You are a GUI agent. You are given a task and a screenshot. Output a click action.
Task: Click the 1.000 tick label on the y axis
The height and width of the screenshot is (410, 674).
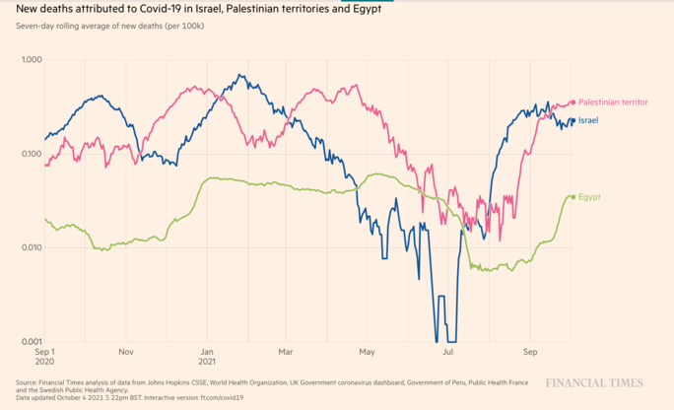pyautogui.click(x=31, y=61)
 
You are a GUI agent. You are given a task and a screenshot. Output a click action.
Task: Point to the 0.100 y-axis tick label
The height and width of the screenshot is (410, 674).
pyautogui.click(x=31, y=155)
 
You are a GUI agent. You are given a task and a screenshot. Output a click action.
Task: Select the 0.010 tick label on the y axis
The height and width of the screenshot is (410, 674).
pyautogui.click(x=31, y=248)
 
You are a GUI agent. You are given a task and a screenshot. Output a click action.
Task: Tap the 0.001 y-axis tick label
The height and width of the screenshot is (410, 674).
pyautogui.click(x=31, y=342)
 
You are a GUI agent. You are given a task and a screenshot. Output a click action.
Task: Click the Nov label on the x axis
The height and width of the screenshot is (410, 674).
pyautogui.click(x=125, y=351)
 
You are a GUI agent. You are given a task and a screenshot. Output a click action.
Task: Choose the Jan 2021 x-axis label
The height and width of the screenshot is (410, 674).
pyautogui.click(x=208, y=356)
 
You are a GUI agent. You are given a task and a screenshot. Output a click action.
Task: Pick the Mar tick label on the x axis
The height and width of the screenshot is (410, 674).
pyautogui.click(x=286, y=351)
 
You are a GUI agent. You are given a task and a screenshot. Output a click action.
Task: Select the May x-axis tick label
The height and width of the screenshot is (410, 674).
pyautogui.click(x=368, y=351)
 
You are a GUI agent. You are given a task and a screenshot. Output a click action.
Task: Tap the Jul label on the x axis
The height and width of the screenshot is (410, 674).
pyautogui.click(x=448, y=351)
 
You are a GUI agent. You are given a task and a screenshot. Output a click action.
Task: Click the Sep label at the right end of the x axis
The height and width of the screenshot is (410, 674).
pyautogui.click(x=530, y=351)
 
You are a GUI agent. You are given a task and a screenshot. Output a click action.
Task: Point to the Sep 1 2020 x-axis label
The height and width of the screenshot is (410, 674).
pyautogui.click(x=45, y=356)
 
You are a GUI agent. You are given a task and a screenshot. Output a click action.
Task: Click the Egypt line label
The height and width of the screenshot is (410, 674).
pyautogui.click(x=589, y=197)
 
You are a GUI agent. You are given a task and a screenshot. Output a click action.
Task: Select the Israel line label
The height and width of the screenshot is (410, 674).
pyautogui.click(x=588, y=120)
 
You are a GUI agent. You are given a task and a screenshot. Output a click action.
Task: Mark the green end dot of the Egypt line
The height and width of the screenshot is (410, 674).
pyautogui.click(x=573, y=197)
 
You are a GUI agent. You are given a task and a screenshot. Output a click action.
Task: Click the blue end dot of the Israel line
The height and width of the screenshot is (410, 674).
pyautogui.click(x=573, y=121)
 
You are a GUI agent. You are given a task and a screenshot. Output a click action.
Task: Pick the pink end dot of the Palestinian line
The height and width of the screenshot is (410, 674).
pyautogui.click(x=573, y=102)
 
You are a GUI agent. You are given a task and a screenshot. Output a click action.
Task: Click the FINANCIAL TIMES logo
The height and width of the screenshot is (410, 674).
pyautogui.click(x=594, y=383)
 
